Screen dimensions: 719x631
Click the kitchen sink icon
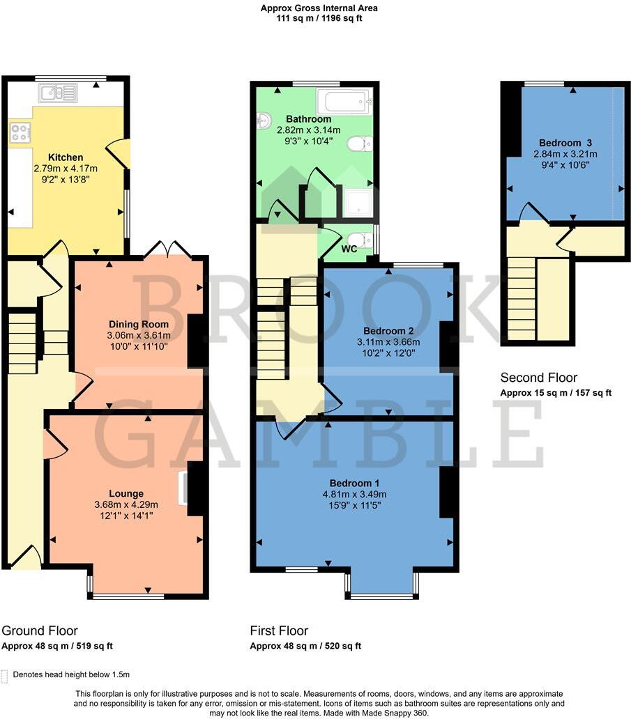pos(59,93)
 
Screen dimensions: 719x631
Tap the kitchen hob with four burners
pos(20,132)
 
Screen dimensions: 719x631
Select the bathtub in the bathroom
pos(344,102)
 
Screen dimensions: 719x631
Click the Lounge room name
pos(126,493)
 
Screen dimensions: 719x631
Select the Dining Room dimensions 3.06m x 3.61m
pos(139,335)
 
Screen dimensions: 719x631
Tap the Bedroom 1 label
pos(354,483)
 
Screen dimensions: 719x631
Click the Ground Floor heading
pos(40,631)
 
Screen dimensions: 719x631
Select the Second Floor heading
pos(539,378)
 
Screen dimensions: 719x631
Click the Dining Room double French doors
pos(168,249)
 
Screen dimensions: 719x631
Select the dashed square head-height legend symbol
pos(6,674)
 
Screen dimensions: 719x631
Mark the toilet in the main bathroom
pos(358,144)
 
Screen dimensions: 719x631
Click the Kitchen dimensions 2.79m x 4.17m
pos(66,169)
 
